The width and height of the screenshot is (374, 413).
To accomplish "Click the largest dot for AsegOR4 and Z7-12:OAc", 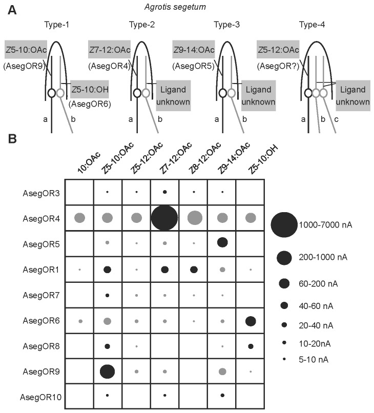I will coord(165,218).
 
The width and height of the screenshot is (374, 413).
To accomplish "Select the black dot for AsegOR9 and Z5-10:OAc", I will coord(107,370).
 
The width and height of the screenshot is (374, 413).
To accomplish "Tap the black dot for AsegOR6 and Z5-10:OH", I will coord(251,321).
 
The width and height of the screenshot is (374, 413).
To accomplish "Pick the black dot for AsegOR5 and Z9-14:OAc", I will coord(222,242).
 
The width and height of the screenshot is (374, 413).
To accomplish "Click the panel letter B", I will coord(8,138).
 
